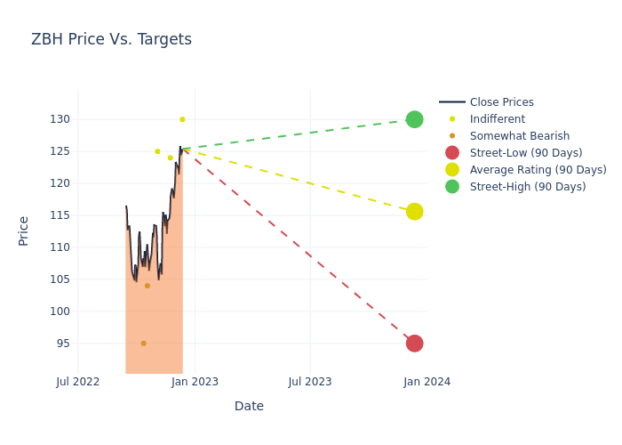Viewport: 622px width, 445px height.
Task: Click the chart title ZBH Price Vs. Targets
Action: (x=111, y=39)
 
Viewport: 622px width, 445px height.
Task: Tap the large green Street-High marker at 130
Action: (x=414, y=119)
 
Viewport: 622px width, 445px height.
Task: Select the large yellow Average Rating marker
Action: (x=414, y=212)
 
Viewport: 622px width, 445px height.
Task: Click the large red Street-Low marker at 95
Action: (x=414, y=344)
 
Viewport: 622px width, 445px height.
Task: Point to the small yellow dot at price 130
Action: (x=182, y=119)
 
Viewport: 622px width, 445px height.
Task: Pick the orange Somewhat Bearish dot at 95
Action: (x=143, y=344)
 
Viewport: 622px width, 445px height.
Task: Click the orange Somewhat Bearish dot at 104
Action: (x=148, y=286)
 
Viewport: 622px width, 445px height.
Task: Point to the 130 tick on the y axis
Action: (x=60, y=119)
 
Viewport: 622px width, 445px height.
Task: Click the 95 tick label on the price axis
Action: (x=62, y=344)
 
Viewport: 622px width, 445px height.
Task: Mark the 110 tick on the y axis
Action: (x=60, y=247)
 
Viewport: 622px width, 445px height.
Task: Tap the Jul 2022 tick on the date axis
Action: (x=78, y=382)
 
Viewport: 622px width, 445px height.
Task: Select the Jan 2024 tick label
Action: (x=427, y=382)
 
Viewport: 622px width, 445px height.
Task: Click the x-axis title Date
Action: (x=249, y=406)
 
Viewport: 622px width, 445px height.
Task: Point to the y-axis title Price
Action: (x=24, y=231)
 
